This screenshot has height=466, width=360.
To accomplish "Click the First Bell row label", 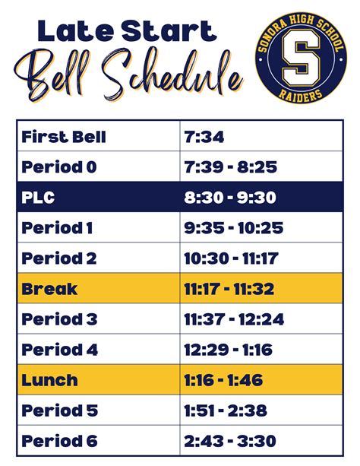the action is [x=64, y=137].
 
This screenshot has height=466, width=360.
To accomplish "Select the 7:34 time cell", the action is [x=204, y=137].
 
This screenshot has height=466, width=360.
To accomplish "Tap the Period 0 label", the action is [x=58, y=167].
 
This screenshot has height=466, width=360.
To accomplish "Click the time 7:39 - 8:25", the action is [x=230, y=167].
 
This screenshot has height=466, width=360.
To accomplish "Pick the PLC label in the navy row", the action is [x=38, y=198].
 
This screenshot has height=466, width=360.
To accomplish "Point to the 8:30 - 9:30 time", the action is [x=230, y=198].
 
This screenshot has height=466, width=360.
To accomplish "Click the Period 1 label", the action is [x=57, y=228].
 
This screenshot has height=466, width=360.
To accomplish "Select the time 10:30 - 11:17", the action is [x=231, y=258].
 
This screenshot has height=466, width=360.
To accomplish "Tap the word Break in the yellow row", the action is [x=49, y=289].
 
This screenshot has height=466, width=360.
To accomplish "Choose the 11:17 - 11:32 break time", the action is [x=229, y=289].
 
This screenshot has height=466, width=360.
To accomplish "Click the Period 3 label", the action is [x=59, y=319].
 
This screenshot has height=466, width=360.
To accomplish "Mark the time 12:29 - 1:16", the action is [x=228, y=350].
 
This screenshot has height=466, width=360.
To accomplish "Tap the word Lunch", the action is [x=49, y=380].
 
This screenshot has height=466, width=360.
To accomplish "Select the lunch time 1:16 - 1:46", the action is [x=223, y=380].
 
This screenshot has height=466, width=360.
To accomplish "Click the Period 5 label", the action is [x=59, y=411].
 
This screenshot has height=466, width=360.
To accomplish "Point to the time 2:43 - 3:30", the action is [x=230, y=441].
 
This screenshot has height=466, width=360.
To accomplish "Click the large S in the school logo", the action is [x=301, y=57].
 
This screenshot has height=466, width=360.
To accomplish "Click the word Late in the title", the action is [x=77, y=30].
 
